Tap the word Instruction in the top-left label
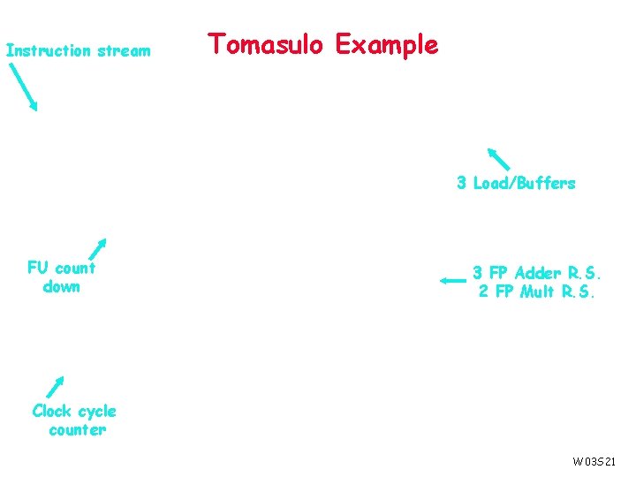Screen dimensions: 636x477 point(49,51)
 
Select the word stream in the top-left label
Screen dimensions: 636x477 point(125,51)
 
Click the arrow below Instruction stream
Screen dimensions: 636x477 point(24,88)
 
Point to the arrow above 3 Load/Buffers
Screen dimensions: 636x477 point(498,158)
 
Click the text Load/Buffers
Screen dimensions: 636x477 point(524,184)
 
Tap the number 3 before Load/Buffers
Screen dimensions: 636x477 point(461,184)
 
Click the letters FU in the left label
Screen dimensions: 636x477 point(37,268)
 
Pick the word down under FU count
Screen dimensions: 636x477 point(61,287)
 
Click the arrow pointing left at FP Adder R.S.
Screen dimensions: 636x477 point(451,281)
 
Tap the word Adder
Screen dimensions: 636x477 point(537,273)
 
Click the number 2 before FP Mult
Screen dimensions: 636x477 point(483,291)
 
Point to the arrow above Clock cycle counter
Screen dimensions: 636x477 point(55,388)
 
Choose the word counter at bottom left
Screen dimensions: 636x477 point(78,430)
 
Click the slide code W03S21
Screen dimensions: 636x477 point(594,461)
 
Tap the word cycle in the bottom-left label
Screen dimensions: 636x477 point(97,412)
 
